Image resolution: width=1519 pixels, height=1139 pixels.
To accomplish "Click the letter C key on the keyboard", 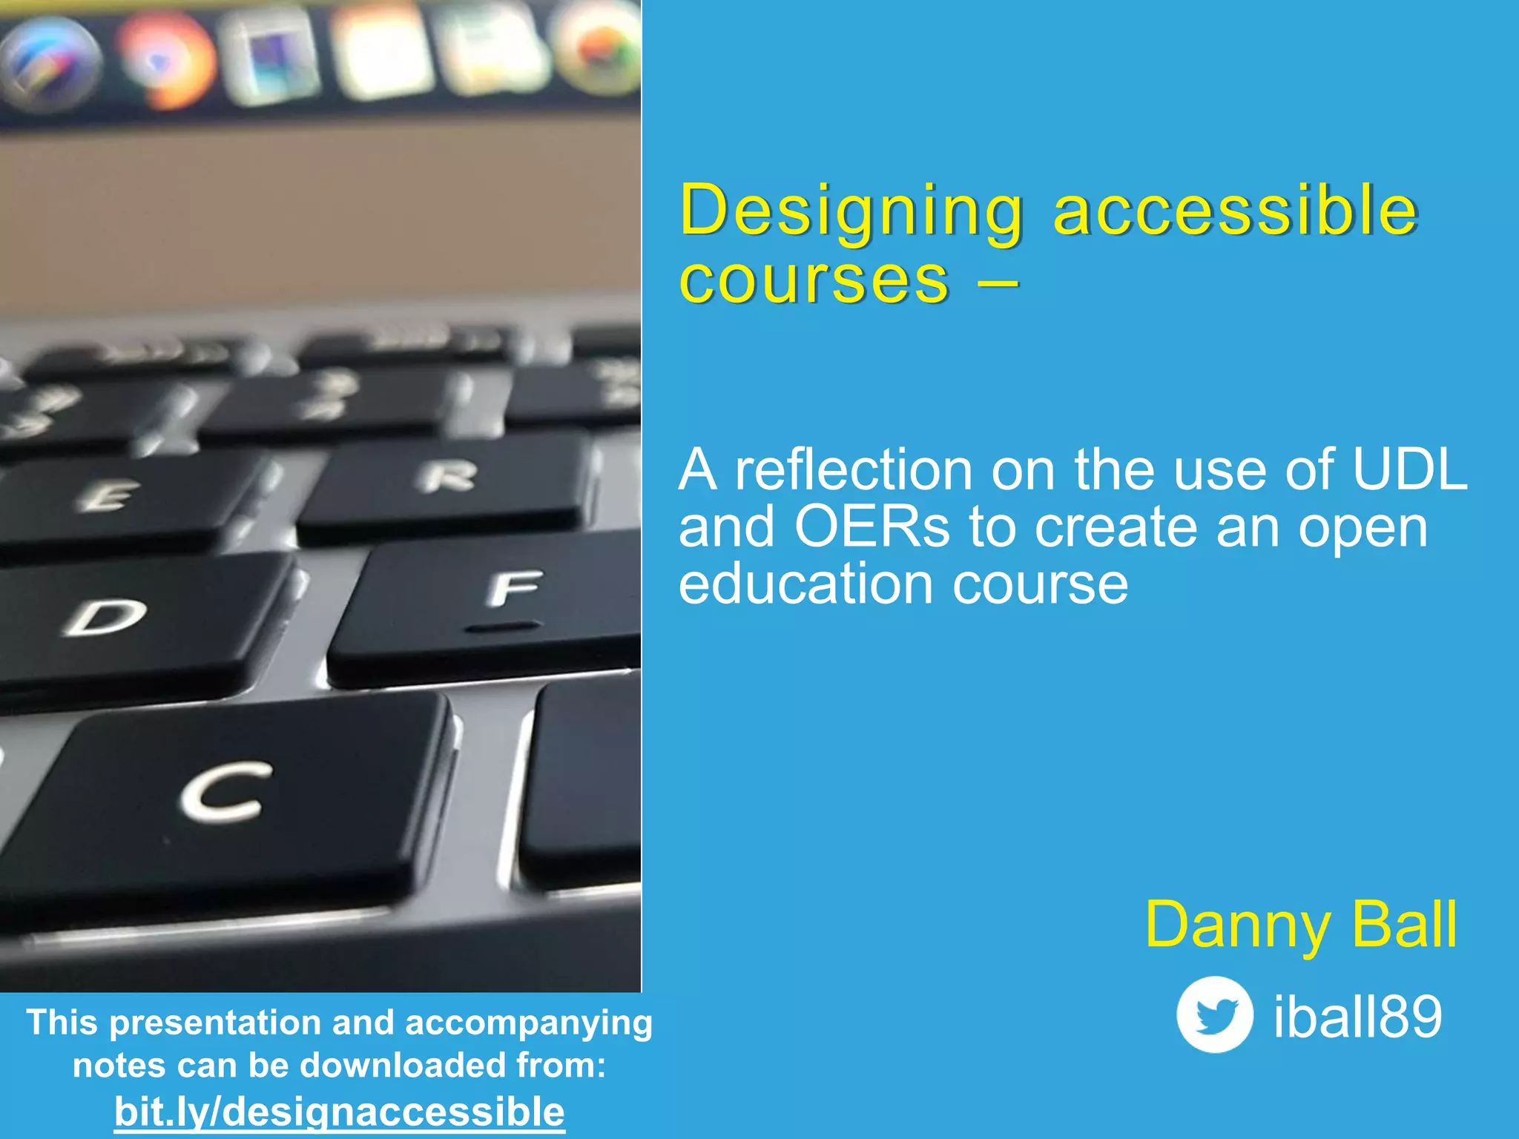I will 223,793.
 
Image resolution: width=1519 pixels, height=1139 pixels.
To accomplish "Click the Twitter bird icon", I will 1214,1014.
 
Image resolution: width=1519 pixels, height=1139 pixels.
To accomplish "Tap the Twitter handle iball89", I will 1357,1016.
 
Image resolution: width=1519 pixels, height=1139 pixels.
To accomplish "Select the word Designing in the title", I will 851,211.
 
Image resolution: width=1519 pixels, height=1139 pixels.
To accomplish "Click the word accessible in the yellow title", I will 1235,211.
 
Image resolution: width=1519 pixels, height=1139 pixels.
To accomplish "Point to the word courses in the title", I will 814,280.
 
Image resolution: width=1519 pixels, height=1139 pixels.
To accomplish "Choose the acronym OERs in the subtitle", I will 871,526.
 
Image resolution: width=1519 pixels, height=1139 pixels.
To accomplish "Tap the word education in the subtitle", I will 805,584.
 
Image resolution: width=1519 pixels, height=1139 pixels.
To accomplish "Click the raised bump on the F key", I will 503,628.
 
